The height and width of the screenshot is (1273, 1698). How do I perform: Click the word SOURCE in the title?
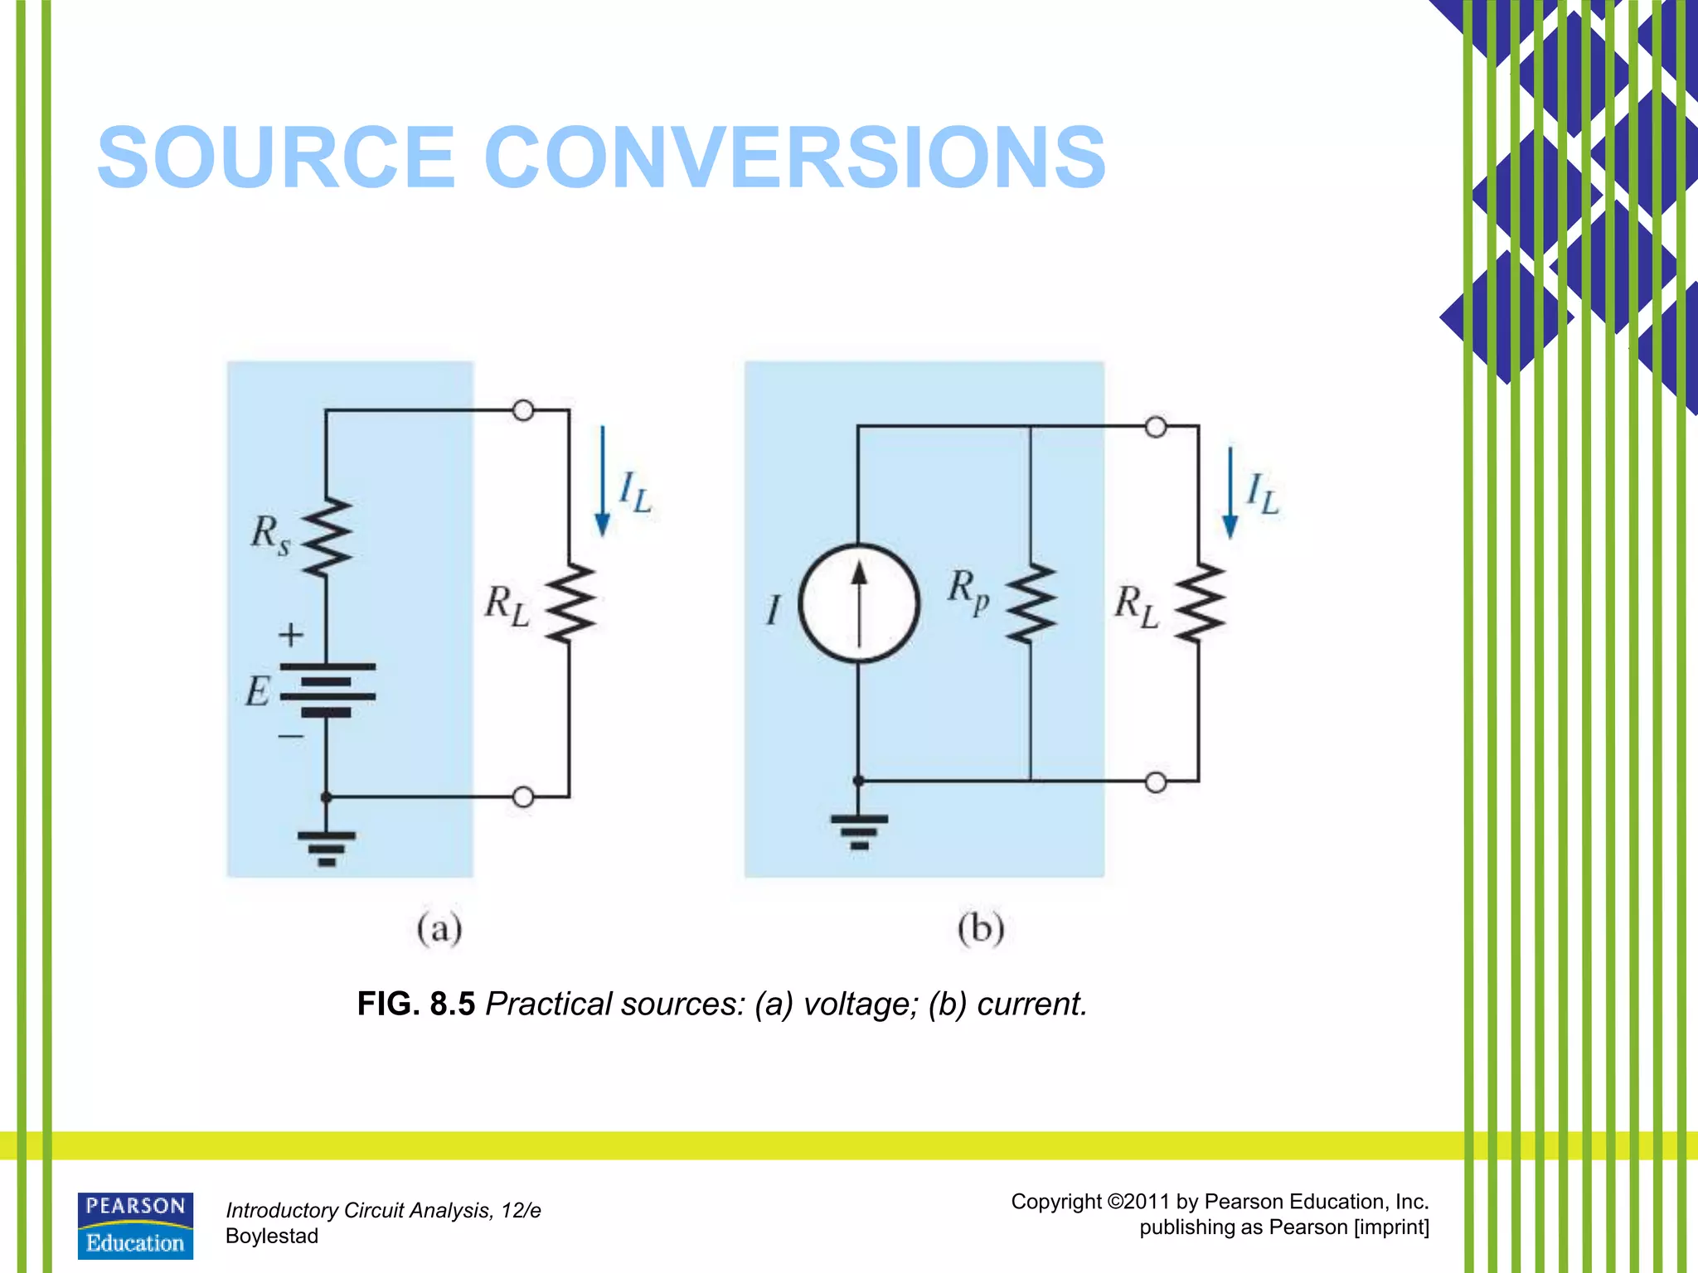pyautogui.click(x=276, y=157)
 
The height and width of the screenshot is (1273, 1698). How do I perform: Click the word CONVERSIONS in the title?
pyautogui.click(x=794, y=157)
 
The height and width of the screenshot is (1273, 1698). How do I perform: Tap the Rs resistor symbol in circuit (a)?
pyautogui.click(x=327, y=537)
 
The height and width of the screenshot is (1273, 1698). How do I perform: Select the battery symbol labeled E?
pyautogui.click(x=327, y=690)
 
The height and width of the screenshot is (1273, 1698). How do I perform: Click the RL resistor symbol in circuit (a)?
pyautogui.click(x=570, y=603)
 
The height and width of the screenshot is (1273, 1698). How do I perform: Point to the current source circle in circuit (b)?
pyautogui.click(x=859, y=603)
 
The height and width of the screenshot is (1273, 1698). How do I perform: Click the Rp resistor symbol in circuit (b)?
pyautogui.click(x=1031, y=603)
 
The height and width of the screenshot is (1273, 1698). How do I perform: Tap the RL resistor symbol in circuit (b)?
pyautogui.click(x=1199, y=603)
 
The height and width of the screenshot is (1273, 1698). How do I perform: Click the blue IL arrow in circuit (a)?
pyautogui.click(x=603, y=481)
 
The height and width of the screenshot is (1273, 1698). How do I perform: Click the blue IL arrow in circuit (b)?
pyautogui.click(x=1230, y=492)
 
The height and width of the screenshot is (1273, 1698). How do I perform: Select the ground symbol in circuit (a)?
pyautogui.click(x=327, y=848)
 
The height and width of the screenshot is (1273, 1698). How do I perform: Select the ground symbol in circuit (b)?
pyautogui.click(x=859, y=831)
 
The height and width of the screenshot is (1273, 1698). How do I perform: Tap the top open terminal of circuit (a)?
pyautogui.click(x=523, y=410)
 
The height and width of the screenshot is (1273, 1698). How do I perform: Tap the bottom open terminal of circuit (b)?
pyautogui.click(x=1155, y=782)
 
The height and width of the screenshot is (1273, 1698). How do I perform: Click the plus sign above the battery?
pyautogui.click(x=290, y=635)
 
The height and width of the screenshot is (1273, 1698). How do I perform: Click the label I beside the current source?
pyautogui.click(x=773, y=610)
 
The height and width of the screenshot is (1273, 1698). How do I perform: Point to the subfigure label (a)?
pyautogui.click(x=439, y=928)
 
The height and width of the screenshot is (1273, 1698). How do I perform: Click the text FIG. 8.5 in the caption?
pyautogui.click(x=415, y=1004)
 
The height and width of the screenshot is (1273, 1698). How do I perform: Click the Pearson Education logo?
pyautogui.click(x=135, y=1226)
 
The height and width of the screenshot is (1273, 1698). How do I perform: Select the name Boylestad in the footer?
pyautogui.click(x=272, y=1236)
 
